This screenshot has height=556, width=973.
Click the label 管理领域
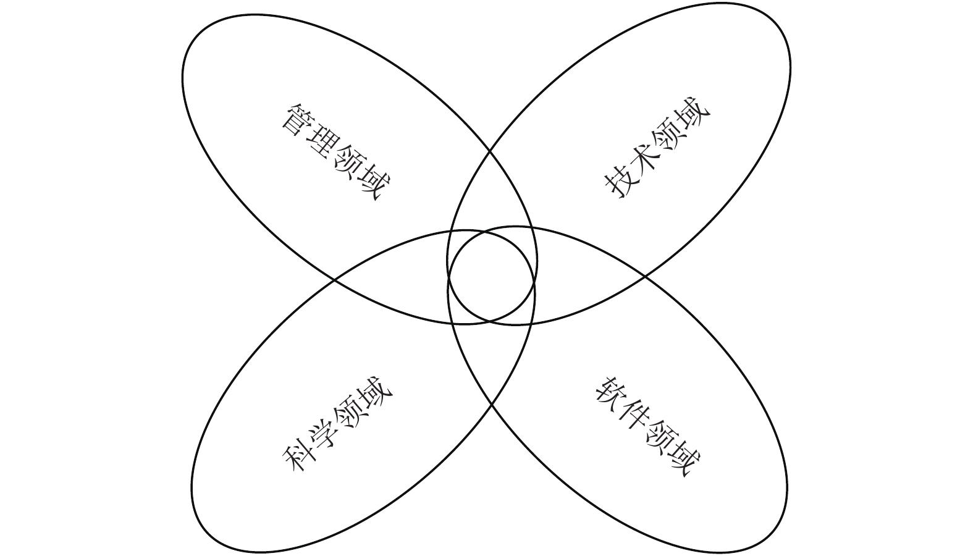(x=337, y=152)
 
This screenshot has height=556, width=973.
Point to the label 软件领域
(x=648, y=426)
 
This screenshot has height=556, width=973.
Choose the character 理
(x=322, y=140)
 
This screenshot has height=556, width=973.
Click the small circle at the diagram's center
(x=491, y=276)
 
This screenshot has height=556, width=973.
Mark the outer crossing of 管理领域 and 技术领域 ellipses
(x=491, y=150)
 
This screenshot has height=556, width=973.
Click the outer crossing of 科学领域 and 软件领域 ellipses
(x=492, y=404)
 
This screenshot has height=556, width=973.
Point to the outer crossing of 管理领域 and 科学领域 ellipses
(x=334, y=280)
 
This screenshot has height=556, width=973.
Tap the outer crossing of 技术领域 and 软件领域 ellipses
(x=646, y=277)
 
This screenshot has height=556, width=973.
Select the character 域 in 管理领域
(x=374, y=185)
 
